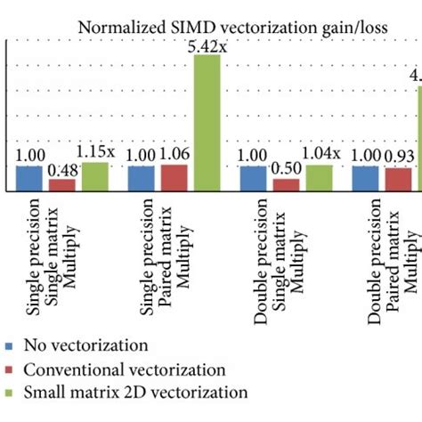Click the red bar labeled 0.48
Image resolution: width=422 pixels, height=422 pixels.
61,185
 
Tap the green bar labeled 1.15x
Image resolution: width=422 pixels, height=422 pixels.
94,177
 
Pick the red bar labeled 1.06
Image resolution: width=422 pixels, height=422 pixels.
174,178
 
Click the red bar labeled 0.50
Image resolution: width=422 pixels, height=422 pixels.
286,185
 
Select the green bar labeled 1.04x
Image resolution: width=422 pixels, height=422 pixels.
319,178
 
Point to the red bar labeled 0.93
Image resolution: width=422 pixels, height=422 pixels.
398,180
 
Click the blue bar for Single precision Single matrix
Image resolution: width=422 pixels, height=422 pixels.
29,179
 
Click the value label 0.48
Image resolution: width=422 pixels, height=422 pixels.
61,170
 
